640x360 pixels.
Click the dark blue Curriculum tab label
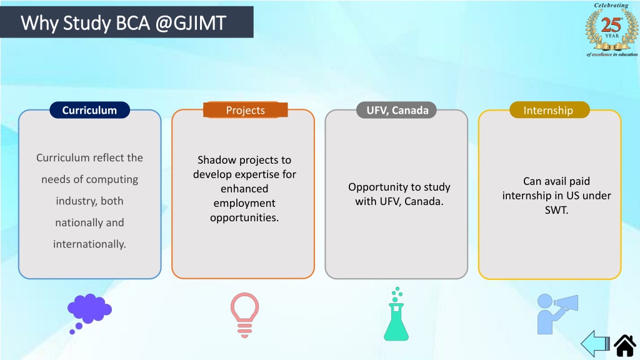pos(90,110)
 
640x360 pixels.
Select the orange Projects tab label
pos(245,110)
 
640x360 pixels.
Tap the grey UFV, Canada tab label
pos(397,110)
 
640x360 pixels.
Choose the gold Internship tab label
pos(549,110)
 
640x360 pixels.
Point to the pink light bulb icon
pos(244,315)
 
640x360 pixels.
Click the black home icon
pos(624,345)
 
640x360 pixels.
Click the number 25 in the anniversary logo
pos(611,25)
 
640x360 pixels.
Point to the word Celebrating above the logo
pos(611,5)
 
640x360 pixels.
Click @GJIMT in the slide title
pos(191,23)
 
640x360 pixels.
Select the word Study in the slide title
pos(86,24)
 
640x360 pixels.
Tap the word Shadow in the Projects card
pos(216,160)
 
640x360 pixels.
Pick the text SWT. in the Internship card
pos(556,210)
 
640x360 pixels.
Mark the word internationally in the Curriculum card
pos(89,244)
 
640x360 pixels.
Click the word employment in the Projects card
pos(244,203)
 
